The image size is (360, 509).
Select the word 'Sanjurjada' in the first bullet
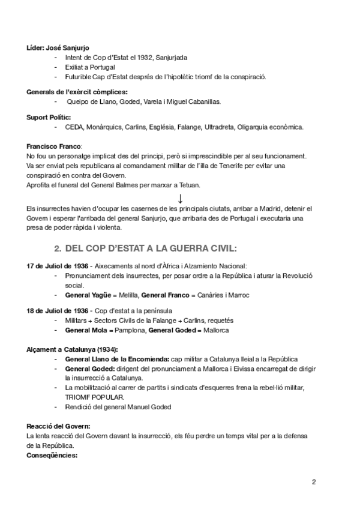coord(171,58)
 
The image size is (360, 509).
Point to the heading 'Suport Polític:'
coord(50,117)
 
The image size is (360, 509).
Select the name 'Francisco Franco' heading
coord(54,146)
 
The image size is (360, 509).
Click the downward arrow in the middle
coord(180,198)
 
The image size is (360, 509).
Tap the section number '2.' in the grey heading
coord(58,248)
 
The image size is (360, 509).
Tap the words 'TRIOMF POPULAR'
coord(94,397)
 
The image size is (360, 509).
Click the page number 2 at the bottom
coord(314,482)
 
